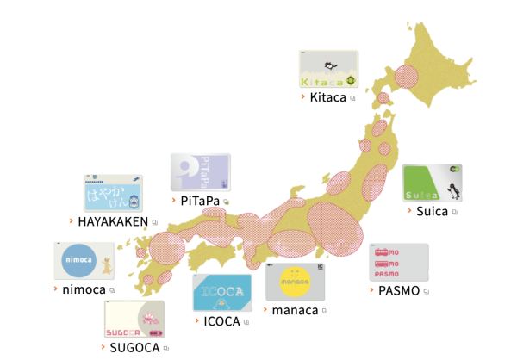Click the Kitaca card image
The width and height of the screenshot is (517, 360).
pos(328,69)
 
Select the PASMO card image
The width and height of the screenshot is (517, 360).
pos(399,262)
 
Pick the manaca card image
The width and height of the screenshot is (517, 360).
pos(296,282)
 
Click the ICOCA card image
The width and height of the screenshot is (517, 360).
pos(221,293)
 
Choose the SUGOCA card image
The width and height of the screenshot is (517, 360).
pos(134,320)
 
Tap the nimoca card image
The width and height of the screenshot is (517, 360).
pos(83,260)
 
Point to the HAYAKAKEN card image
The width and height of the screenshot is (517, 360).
pos(113,193)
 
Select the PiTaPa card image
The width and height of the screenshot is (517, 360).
pos(200,172)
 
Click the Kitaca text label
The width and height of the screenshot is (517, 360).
pos(327,97)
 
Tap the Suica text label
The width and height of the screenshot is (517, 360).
pos(432,211)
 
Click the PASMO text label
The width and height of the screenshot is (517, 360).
pos(399,290)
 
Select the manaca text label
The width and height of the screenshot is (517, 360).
pos(295,310)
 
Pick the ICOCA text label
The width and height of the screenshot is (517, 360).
pos(221,322)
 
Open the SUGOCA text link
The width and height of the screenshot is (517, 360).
pos(134,348)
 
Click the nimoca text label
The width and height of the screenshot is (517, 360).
pos(84,289)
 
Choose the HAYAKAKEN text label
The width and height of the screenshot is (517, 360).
pos(113,221)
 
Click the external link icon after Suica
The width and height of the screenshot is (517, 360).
pos(455,212)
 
